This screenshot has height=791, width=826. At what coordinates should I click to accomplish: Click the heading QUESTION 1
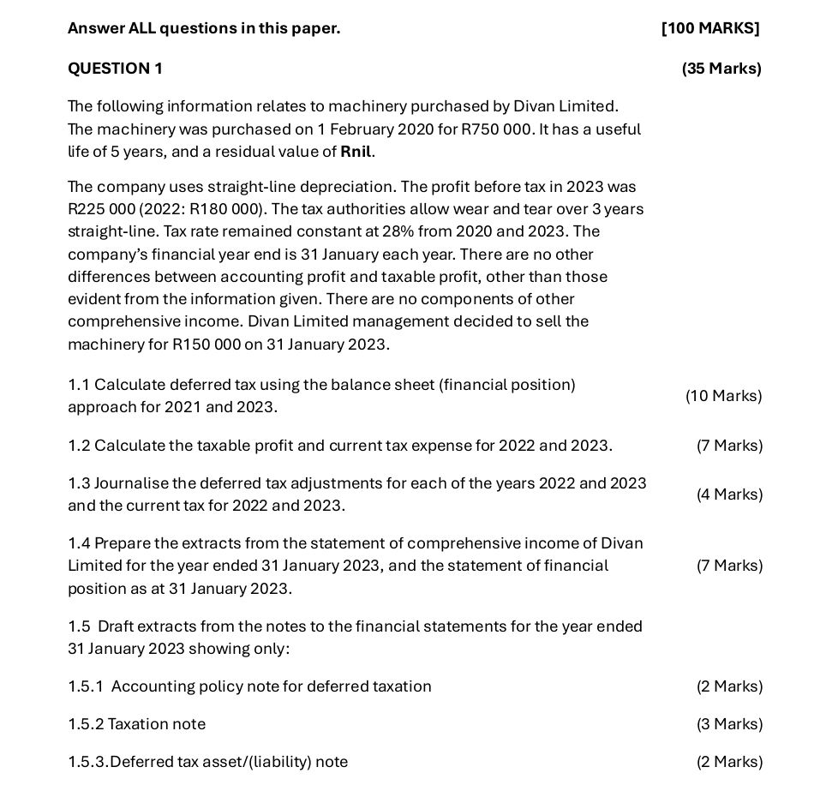click(115, 69)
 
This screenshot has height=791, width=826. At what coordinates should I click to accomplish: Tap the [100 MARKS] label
click(710, 28)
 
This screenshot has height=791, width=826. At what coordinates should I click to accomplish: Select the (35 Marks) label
click(721, 69)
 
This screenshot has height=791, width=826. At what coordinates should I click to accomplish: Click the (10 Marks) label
click(723, 396)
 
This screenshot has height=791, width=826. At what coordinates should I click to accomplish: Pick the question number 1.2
click(79, 446)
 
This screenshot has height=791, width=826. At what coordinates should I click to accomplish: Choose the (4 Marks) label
click(729, 494)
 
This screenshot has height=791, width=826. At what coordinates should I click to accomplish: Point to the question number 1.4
click(79, 543)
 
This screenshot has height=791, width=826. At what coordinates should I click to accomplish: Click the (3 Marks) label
click(729, 724)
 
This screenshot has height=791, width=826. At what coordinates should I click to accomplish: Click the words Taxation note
click(157, 724)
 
